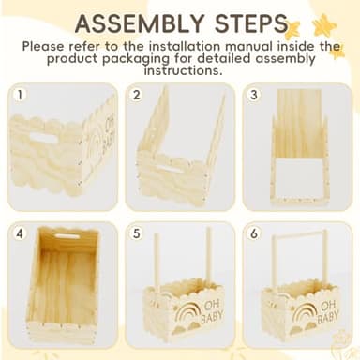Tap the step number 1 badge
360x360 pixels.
click(x=21, y=94)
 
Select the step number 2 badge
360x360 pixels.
click(x=137, y=94)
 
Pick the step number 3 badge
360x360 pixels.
click(x=253, y=94)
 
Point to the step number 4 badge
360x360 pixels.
click(x=21, y=231)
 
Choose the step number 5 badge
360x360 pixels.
click(x=137, y=231)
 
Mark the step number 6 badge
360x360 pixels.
click(x=253, y=231)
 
